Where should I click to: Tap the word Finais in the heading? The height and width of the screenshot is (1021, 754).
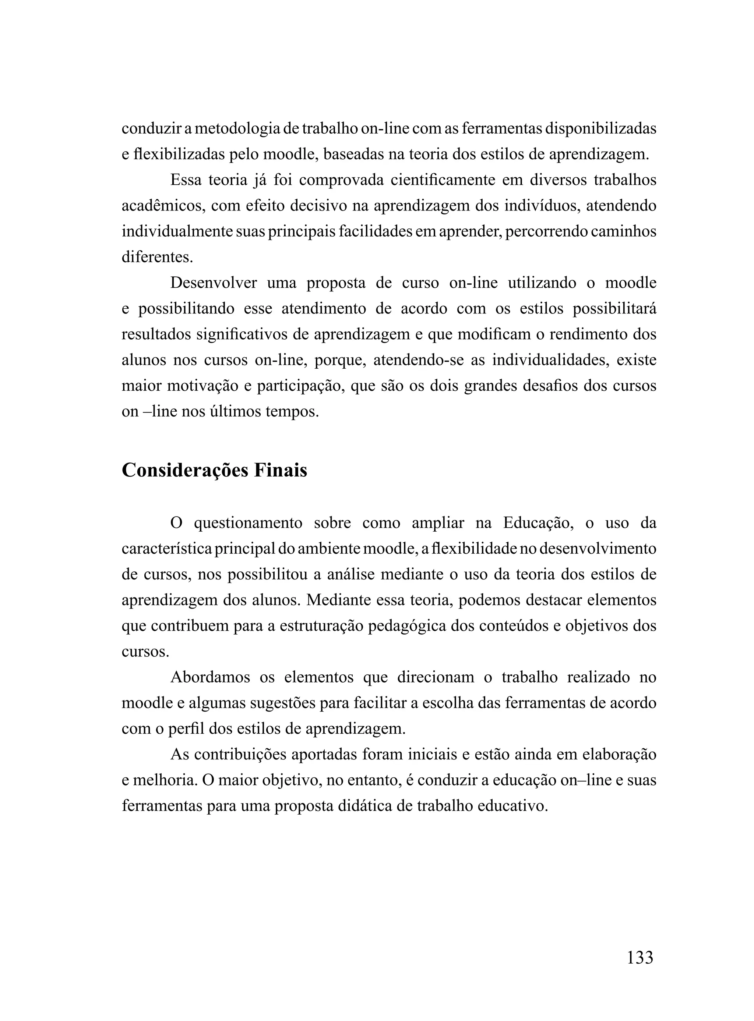tap(280, 471)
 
